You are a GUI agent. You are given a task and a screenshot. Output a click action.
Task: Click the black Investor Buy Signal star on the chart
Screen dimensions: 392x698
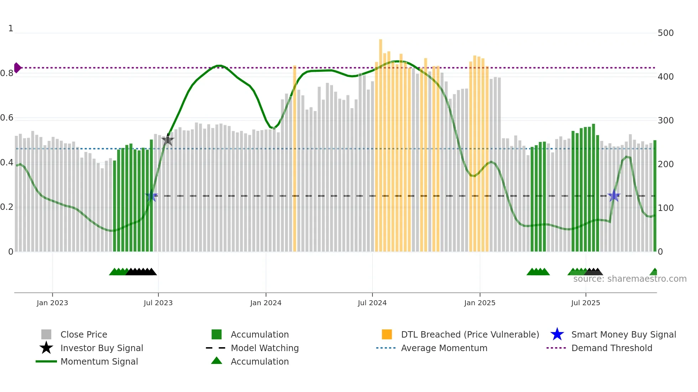coord(168,140)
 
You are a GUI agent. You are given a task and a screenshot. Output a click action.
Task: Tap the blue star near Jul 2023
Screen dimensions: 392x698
coord(151,196)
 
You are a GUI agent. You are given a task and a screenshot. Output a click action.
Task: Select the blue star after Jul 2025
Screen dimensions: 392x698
coord(614,196)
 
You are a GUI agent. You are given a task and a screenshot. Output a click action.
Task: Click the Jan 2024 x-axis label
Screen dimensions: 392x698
coord(266,303)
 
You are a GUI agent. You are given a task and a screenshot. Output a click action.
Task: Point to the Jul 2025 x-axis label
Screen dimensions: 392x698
coord(585,303)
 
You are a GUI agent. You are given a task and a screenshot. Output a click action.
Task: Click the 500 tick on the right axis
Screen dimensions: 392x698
coord(665,33)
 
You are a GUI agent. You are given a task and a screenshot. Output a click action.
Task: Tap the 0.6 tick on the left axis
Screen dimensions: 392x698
coord(7,118)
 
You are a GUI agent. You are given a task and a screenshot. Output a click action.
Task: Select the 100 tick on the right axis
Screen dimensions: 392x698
coord(665,208)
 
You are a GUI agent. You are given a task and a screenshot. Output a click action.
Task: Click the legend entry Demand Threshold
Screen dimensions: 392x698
coord(611,348)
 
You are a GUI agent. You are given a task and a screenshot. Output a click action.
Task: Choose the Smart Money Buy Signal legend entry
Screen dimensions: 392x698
coord(623,334)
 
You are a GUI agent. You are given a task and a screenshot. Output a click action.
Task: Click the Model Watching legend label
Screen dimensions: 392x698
coord(265,348)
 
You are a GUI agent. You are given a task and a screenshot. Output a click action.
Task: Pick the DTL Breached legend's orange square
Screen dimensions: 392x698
coord(387,334)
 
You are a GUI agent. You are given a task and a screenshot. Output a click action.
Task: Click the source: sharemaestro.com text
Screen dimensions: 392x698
coord(630,279)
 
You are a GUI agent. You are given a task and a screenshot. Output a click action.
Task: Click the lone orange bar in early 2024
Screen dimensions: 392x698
coord(295,160)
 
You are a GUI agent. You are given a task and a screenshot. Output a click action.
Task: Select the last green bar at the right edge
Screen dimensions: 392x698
coord(655,196)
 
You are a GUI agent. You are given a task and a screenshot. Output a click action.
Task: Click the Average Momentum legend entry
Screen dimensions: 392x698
coord(444,348)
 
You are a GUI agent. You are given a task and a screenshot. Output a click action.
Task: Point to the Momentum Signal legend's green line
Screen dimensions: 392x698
coord(46,361)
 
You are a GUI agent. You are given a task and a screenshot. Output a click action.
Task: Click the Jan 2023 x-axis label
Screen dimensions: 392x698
coord(52,303)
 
